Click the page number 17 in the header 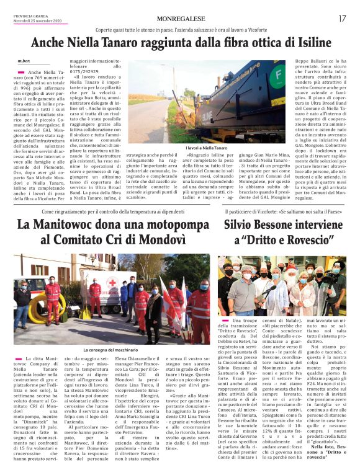coord(342,19)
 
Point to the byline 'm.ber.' coord(23,61)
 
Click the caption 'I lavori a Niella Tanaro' coord(206,148)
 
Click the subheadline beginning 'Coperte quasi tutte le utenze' coord(179,29)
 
